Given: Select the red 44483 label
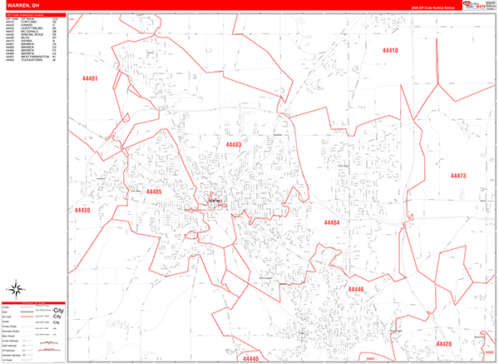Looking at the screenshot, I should pos(233,144).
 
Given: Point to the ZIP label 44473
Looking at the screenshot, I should pos(458,176).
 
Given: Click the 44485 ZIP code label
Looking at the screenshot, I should pos(154,192).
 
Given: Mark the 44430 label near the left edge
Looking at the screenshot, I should pos(82,209).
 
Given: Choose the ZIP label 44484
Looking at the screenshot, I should pos(332,222).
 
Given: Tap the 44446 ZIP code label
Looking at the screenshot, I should pos(356,289).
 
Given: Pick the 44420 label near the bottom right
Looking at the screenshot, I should pos(443,344).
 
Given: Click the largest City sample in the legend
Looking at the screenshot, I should pos(58,310).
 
